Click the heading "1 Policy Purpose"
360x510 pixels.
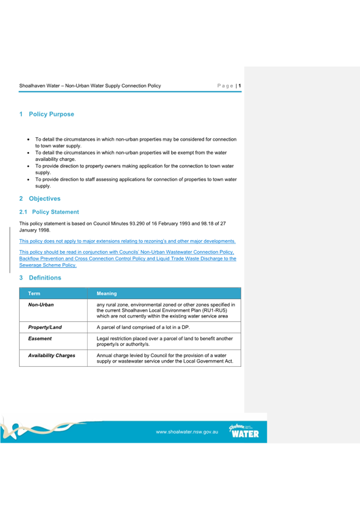click(47, 114)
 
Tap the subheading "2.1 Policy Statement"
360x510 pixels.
click(49, 212)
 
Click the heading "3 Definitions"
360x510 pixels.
click(40, 278)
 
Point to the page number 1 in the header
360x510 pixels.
click(240, 86)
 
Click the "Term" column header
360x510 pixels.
click(34, 293)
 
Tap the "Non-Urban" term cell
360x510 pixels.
click(41, 305)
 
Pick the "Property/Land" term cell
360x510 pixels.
click(45, 328)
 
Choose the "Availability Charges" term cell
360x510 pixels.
click(52, 356)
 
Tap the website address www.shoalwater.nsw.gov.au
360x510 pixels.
click(186, 432)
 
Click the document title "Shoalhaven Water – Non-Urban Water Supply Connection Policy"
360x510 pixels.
click(90, 86)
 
